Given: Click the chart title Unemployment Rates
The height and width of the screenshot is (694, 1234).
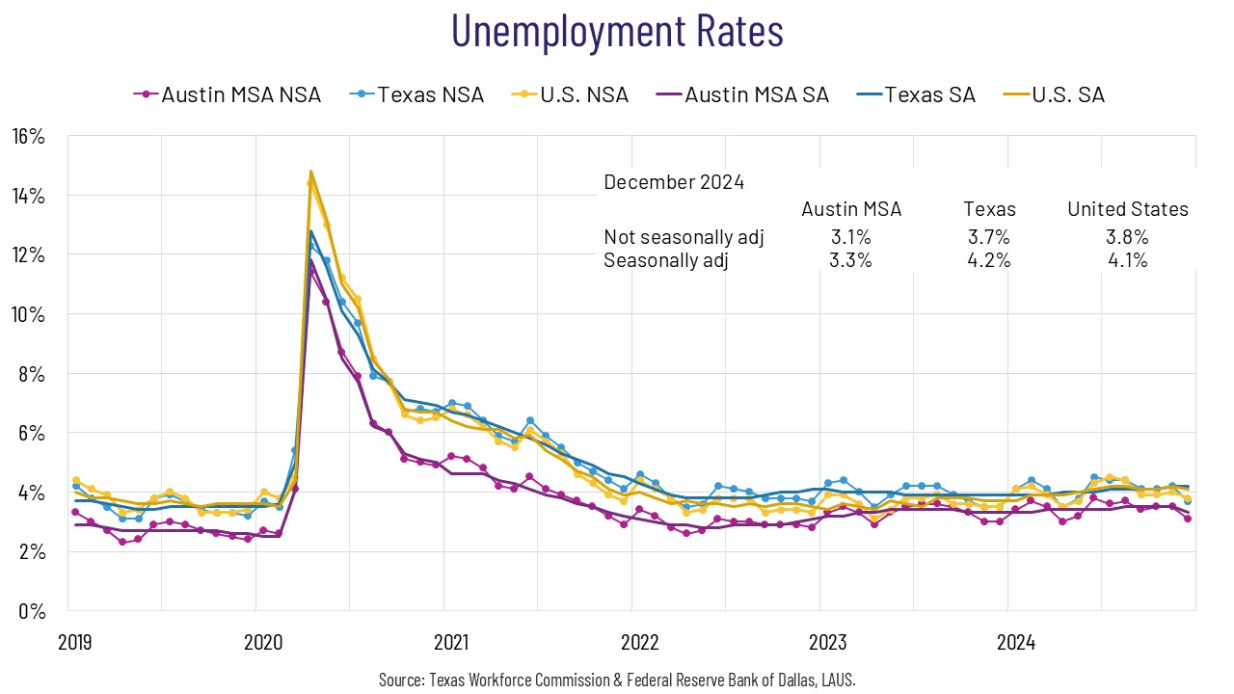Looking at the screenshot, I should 617,31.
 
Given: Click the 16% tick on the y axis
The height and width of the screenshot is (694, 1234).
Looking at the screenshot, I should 28,136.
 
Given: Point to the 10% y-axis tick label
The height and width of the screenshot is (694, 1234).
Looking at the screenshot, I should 28,314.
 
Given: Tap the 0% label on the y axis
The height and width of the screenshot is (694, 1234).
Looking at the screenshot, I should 32,611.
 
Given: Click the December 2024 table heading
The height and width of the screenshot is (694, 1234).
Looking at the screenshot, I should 674,181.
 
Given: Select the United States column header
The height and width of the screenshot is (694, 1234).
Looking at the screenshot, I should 1127,209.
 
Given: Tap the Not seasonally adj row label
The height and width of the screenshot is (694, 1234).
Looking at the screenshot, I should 684,237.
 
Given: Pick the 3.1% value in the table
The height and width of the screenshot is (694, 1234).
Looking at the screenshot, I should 851,237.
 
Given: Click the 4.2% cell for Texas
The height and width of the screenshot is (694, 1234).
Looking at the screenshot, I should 989,260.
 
